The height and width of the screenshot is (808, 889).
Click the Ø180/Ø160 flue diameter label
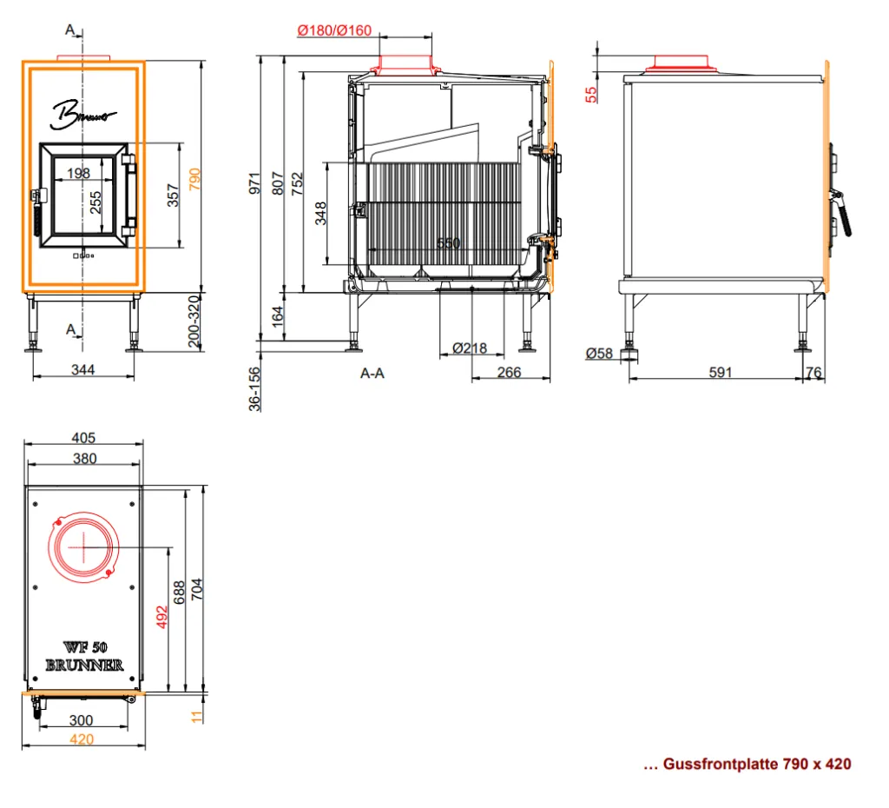pos(334,30)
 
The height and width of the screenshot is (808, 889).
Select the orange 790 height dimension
pos(194,179)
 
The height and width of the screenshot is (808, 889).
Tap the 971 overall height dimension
pos(254,182)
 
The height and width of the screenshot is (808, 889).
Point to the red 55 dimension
pos(590,94)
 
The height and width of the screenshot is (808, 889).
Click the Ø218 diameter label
pos(470,348)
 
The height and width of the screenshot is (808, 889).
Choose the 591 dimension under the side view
pos(720,372)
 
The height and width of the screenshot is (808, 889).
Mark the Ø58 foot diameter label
pos(599,354)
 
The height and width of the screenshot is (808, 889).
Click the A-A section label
pos(372,373)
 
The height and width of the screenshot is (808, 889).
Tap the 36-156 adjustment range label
pos(254,388)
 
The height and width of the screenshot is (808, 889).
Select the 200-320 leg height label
pos(194,321)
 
